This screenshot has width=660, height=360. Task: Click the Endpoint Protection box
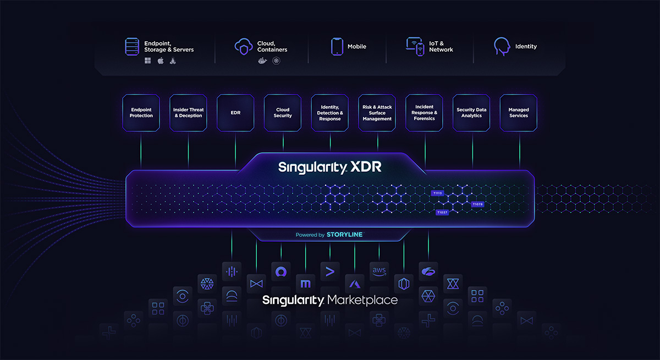141,113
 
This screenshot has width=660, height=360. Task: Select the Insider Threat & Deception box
188,113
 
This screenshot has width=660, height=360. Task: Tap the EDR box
235,113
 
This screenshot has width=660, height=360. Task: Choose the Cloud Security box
283,113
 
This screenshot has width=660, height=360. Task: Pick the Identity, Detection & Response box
330,113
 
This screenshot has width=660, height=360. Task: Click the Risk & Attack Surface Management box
377,113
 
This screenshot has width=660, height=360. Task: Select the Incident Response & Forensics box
424,113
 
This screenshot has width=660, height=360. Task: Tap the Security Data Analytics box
471,113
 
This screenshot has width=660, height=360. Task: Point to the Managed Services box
519,113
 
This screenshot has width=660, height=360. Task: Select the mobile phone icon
337,47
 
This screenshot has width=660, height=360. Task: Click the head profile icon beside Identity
501,46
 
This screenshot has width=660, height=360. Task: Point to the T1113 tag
437,193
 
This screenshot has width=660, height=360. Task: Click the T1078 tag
477,204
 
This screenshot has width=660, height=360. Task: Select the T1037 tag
442,212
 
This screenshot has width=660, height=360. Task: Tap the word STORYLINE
344,235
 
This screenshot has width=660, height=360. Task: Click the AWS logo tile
379,270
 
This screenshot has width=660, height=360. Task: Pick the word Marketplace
362,301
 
